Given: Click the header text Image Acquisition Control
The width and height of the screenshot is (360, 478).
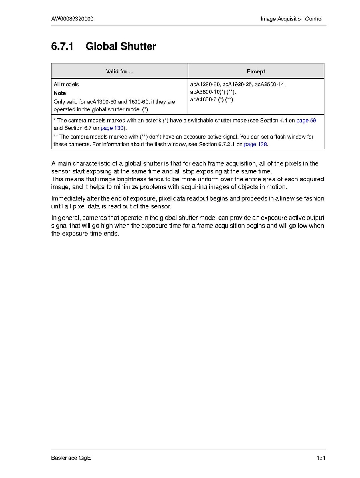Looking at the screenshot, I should pos(291,19).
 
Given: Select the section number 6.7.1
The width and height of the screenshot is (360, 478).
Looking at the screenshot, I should pos(63,46).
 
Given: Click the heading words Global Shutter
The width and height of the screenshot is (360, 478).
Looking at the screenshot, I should pos(121,46).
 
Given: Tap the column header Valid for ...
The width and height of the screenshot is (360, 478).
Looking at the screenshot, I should pos(119,72).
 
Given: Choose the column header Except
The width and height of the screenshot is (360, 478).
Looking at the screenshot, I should pos(256,72).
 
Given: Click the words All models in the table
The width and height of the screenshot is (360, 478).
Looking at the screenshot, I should pos(66,84).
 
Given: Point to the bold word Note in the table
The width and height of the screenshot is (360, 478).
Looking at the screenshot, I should pos(60,93).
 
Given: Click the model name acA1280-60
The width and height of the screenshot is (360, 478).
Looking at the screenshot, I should pos(205,84).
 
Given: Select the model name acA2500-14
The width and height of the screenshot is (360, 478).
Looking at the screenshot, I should pos(270,84).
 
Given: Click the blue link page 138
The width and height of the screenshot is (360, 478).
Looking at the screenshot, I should pos(255,144).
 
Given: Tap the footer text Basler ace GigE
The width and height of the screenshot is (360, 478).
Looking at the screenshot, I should pos(71,458).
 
